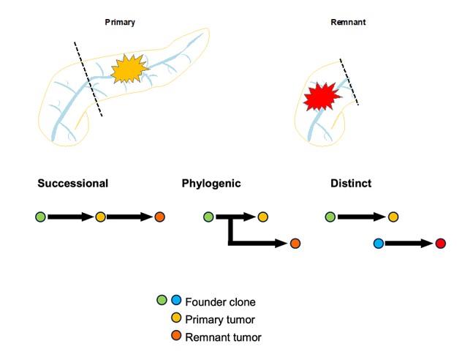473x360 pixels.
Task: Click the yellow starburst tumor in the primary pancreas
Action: (x=129, y=69)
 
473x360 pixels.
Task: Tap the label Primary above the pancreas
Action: (x=119, y=23)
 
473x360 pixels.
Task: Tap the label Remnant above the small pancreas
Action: (x=348, y=23)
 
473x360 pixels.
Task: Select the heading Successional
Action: (x=73, y=183)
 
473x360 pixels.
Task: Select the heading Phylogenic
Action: (x=211, y=183)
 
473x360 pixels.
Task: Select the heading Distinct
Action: (x=351, y=183)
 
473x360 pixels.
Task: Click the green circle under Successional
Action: (x=40, y=217)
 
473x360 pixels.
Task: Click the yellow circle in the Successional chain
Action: (x=101, y=217)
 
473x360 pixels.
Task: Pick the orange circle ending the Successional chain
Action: (x=160, y=217)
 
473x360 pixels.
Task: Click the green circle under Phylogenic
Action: (x=208, y=217)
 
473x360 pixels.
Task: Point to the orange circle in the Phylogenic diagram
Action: (x=295, y=244)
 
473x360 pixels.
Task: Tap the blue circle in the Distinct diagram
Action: (x=378, y=244)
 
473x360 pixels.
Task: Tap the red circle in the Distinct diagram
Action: (x=440, y=244)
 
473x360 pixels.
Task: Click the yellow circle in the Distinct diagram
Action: (x=393, y=217)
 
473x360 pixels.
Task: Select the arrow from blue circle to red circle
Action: (x=409, y=244)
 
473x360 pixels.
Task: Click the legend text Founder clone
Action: (x=221, y=301)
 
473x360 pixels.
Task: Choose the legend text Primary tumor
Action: (x=219, y=319)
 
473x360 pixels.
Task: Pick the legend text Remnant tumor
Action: (x=223, y=337)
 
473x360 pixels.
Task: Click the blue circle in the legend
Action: (x=175, y=300)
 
